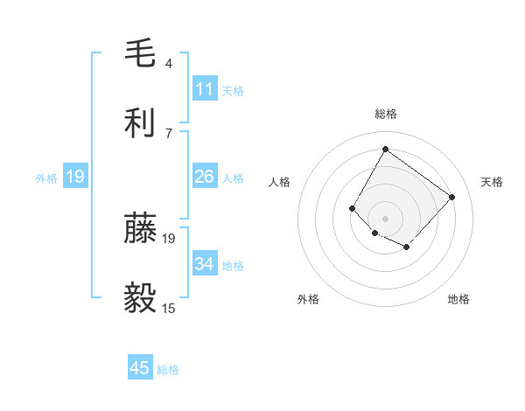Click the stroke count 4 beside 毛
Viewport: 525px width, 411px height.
click(169, 64)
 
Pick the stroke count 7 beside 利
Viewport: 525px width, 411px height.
click(169, 133)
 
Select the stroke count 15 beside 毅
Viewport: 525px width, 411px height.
click(169, 308)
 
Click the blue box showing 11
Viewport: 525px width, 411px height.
click(205, 89)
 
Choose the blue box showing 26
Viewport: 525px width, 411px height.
click(205, 177)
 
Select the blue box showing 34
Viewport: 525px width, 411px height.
click(205, 264)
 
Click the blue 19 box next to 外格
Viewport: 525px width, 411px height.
click(75, 178)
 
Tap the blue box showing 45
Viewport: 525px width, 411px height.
click(140, 368)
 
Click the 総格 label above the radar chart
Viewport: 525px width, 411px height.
click(385, 114)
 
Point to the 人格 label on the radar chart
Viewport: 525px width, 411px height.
click(280, 182)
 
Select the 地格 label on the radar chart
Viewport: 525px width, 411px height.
click(458, 299)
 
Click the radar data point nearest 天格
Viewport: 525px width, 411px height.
click(451, 197)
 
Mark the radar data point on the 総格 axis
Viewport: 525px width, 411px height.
click(385, 149)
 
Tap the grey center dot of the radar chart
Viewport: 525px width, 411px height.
click(385, 218)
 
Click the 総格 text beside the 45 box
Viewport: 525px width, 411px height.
click(168, 370)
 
